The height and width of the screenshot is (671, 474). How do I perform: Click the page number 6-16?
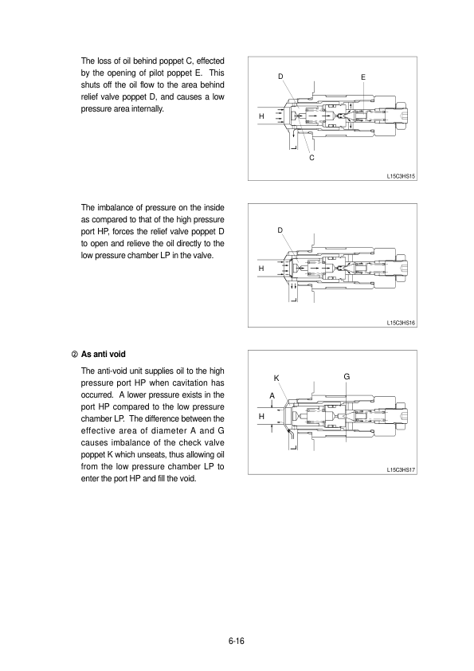click(236, 641)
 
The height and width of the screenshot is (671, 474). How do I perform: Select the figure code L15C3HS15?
click(401, 176)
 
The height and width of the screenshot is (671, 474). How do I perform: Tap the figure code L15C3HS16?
click(401, 323)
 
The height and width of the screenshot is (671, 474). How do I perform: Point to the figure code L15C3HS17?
click(401, 469)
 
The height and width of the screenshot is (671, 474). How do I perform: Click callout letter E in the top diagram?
click(363, 77)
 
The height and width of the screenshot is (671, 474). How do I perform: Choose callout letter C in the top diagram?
click(311, 158)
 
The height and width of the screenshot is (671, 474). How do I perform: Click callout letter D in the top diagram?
click(280, 77)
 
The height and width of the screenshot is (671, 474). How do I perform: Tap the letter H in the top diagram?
click(261, 116)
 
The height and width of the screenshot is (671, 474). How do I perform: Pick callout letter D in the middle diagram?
click(280, 230)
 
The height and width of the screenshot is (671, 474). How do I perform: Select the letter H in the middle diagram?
click(261, 269)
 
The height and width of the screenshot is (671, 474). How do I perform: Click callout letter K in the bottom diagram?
click(276, 379)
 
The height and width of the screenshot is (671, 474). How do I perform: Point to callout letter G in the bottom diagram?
click(347, 377)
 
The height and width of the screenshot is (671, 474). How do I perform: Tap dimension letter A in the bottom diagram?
click(272, 396)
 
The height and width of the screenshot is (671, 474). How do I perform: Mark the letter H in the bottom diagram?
click(261, 416)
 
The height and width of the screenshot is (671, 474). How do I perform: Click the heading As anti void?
click(103, 355)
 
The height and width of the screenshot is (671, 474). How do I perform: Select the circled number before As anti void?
click(74, 355)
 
